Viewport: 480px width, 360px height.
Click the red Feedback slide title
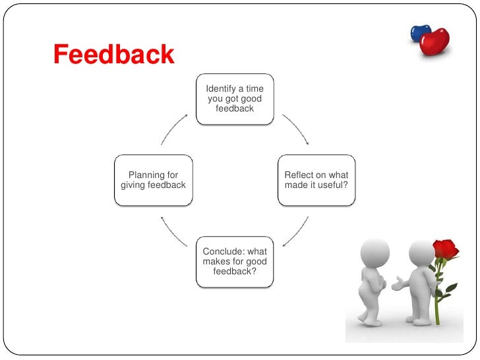[x=113, y=55]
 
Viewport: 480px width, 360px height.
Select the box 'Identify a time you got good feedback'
[x=235, y=99]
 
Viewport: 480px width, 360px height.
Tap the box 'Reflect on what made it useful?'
[x=316, y=180]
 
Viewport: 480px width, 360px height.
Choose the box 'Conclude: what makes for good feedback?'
[x=235, y=262]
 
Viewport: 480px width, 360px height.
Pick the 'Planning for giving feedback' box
[x=154, y=180]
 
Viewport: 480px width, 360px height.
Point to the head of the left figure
[x=376, y=251]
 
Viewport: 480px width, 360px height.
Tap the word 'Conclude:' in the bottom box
[x=223, y=252]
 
